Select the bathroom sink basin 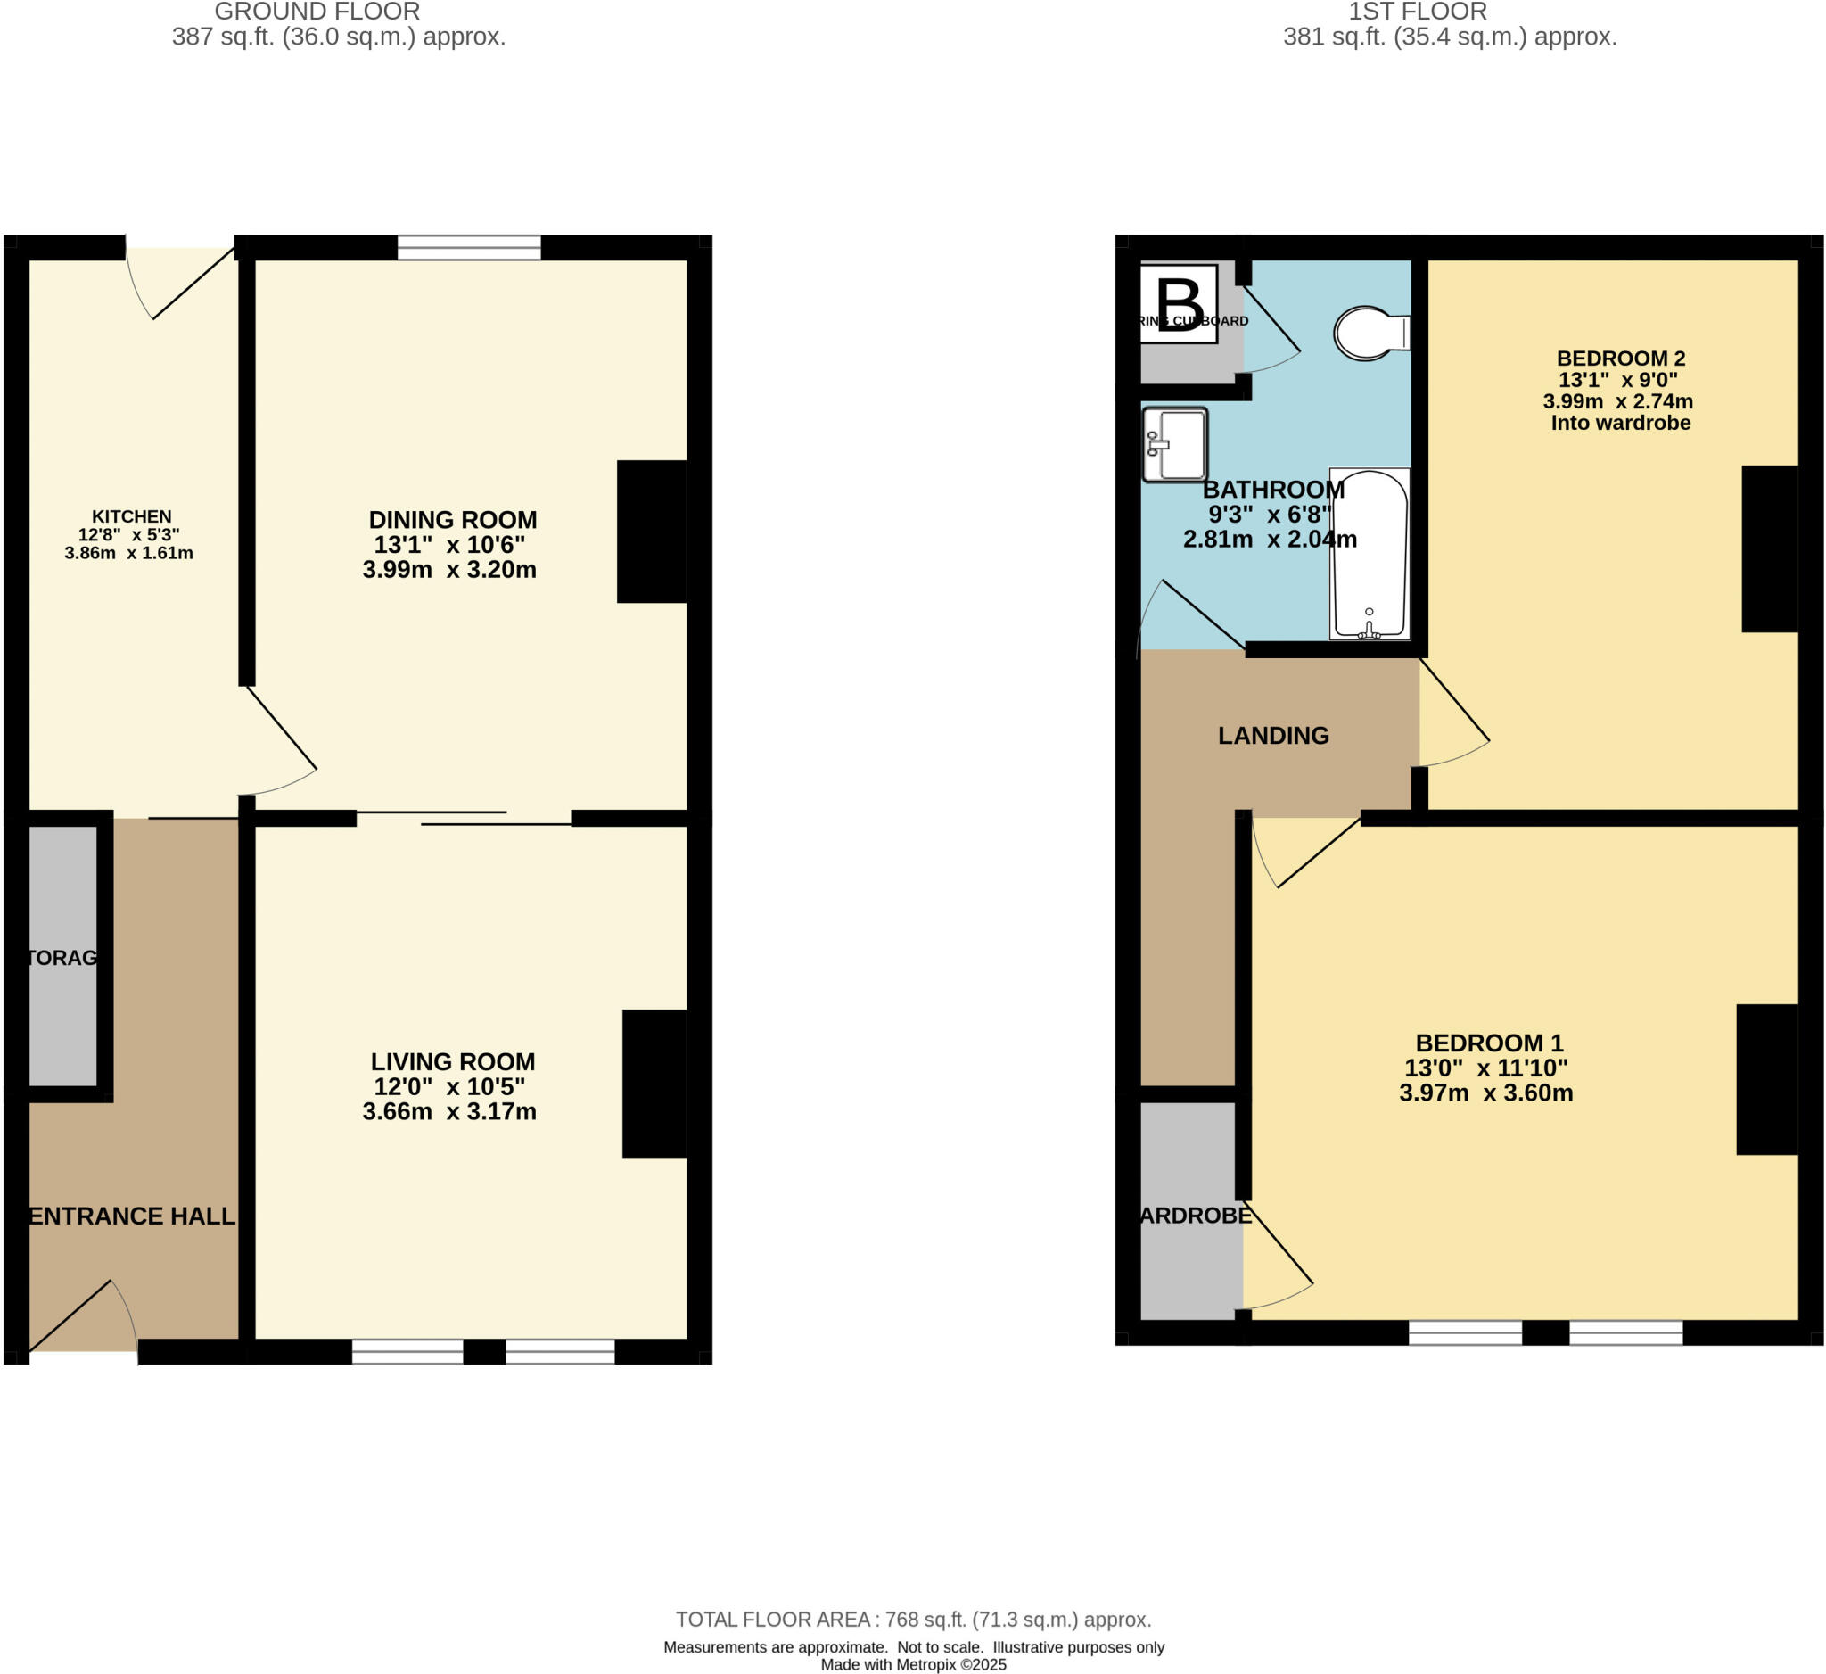pyautogui.click(x=1176, y=445)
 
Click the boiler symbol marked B pyautogui.click(x=1178, y=304)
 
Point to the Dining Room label pyautogui.click(x=452, y=520)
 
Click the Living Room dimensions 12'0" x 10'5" pyautogui.click(x=449, y=1086)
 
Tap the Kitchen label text pyautogui.click(x=131, y=516)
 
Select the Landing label pyautogui.click(x=1272, y=736)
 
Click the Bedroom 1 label pyautogui.click(x=1489, y=1043)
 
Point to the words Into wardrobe pyautogui.click(x=1619, y=423)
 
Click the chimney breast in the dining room pyautogui.click(x=651, y=532)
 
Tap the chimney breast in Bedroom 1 pyautogui.click(x=1766, y=1079)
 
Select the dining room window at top pyautogui.click(x=469, y=247)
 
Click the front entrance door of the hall pyautogui.click(x=81, y=1318)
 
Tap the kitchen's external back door pyautogui.click(x=181, y=281)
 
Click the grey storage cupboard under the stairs pyautogui.click(x=62, y=956)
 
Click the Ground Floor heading pyautogui.click(x=317, y=12)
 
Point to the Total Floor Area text pyautogui.click(x=913, y=1619)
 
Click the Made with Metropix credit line pyautogui.click(x=913, y=1665)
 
